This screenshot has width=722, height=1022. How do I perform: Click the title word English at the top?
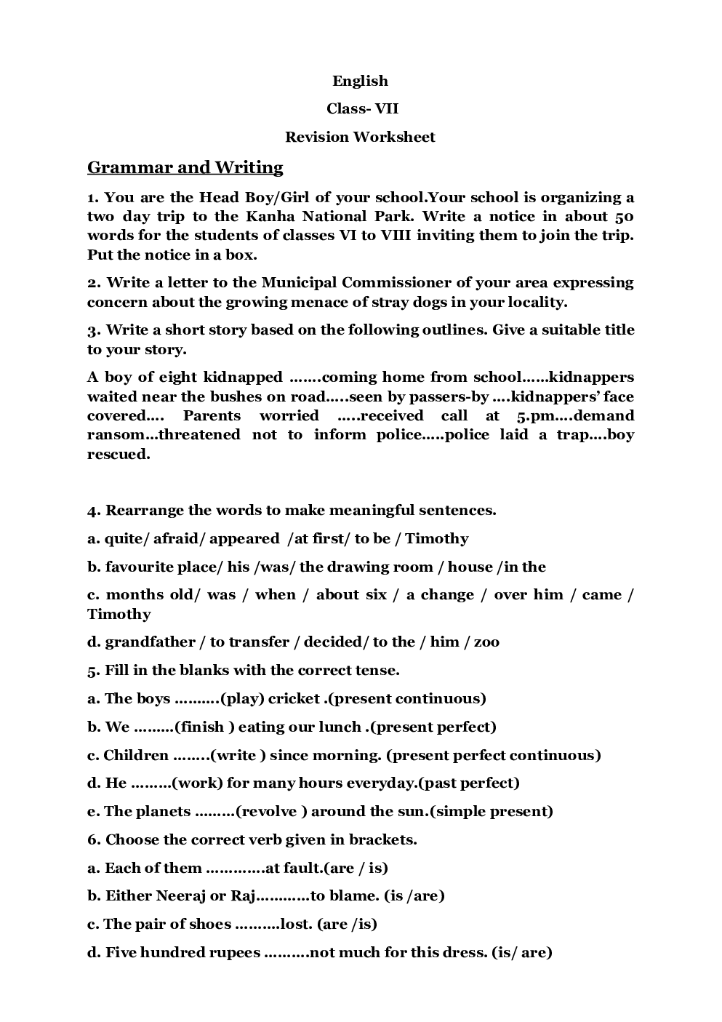[360, 81]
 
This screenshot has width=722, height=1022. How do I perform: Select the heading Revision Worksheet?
[360, 137]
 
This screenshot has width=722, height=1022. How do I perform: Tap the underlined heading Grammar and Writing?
[185, 167]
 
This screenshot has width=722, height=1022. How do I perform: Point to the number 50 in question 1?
[624, 216]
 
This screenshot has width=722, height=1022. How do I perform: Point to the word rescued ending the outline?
[118, 454]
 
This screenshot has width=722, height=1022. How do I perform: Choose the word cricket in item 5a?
[294, 698]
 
